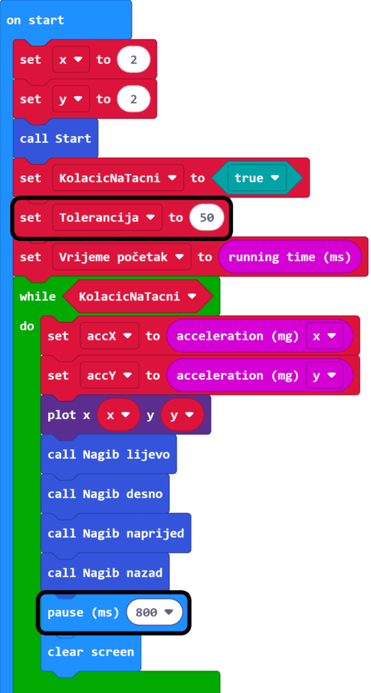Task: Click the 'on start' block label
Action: coord(35,20)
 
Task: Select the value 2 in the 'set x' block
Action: coord(133,60)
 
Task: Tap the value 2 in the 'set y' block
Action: coord(133,99)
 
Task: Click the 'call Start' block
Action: coord(56,138)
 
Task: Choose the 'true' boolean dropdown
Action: coord(257,178)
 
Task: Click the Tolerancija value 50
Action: coord(206,217)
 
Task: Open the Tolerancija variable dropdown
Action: coord(108,217)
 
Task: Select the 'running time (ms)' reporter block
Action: coord(290,256)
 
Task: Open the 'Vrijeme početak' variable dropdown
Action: coord(122,256)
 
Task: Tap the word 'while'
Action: coord(38,296)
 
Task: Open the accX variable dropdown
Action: coord(110,336)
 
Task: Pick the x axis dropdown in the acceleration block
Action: coord(324,336)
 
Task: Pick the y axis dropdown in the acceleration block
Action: coord(324,375)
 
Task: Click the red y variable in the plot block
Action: coord(183,415)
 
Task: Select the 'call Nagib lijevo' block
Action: coord(108,454)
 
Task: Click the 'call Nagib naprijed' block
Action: coord(116,533)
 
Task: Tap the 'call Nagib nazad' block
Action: coord(105,573)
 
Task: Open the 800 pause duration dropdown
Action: coord(154,612)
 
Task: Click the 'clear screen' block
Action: coord(91,652)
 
